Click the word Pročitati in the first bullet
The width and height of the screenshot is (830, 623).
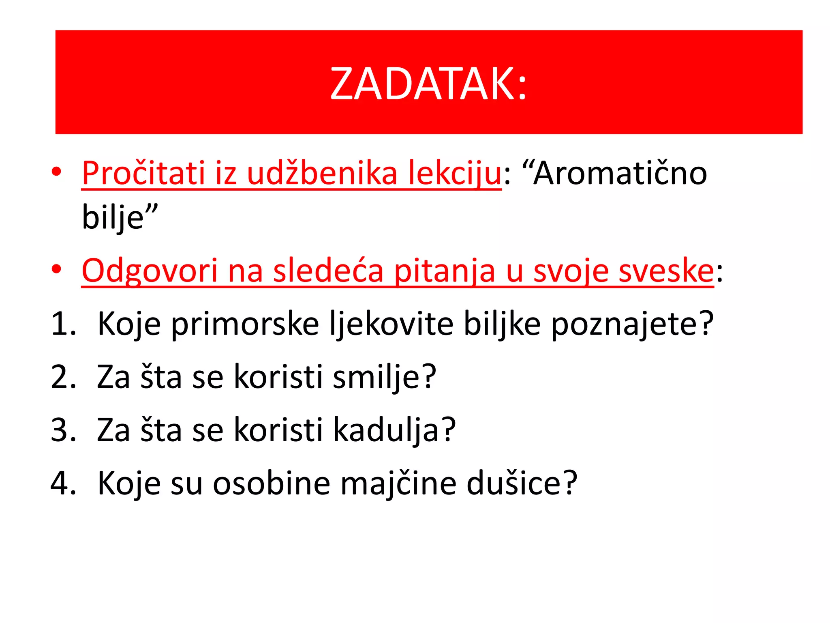(x=143, y=173)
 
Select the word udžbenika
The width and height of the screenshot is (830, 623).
(x=322, y=173)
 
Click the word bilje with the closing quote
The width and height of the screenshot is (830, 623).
(x=119, y=217)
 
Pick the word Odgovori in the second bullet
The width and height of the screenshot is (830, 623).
(x=150, y=271)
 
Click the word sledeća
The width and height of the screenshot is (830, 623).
(x=328, y=271)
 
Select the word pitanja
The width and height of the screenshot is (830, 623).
(x=444, y=271)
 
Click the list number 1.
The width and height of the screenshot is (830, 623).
(x=63, y=324)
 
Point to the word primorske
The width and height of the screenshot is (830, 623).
(x=245, y=324)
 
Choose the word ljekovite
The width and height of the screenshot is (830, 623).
(x=391, y=324)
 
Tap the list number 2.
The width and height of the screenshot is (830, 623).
(x=63, y=377)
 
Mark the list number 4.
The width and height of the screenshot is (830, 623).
(x=63, y=483)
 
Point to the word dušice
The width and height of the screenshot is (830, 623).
(x=521, y=483)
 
